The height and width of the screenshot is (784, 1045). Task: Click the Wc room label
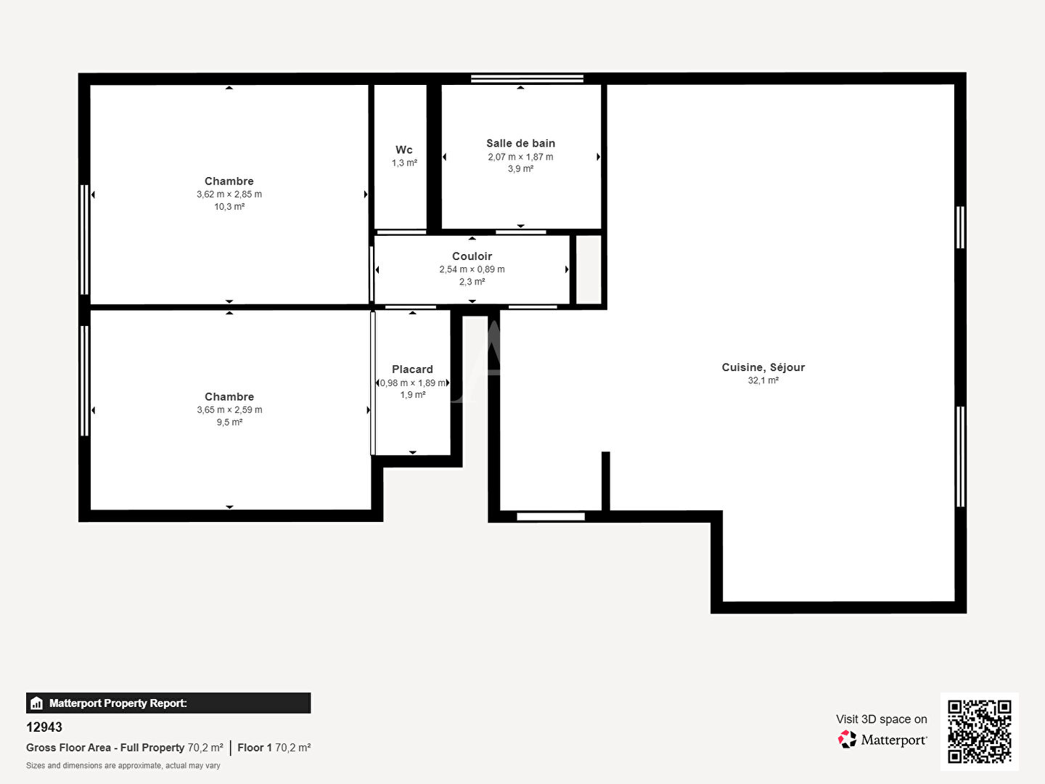[x=403, y=150]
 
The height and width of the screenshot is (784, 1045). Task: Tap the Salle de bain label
[x=520, y=143]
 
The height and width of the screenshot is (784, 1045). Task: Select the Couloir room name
[x=472, y=256]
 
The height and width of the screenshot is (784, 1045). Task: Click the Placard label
[x=412, y=369]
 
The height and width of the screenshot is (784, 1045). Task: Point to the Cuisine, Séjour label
[x=763, y=367]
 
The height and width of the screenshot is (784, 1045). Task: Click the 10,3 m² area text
[x=229, y=207]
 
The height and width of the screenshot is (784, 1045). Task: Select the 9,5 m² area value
[x=229, y=422]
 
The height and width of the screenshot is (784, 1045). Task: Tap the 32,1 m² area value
[x=763, y=380]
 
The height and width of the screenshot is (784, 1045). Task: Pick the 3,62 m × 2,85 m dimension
[x=229, y=195]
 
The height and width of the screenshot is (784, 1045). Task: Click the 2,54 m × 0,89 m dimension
[x=472, y=269]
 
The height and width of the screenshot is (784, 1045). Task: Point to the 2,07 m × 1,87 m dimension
[x=520, y=157]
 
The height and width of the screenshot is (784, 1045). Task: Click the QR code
[x=979, y=731]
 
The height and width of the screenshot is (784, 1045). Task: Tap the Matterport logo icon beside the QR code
[x=847, y=739]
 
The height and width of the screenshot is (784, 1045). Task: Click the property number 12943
[x=44, y=727]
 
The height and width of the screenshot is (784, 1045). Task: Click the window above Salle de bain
[x=527, y=78]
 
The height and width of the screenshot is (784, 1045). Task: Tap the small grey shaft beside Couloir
[x=589, y=269]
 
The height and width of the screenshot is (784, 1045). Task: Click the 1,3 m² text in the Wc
[x=404, y=163]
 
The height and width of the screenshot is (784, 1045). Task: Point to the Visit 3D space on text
[x=881, y=719]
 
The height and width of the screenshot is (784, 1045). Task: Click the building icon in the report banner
[x=37, y=703]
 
